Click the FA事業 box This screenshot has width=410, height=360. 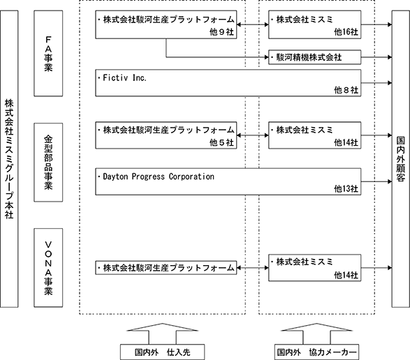click(x=48, y=53)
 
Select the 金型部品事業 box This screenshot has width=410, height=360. click(x=48, y=163)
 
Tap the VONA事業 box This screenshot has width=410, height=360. click(x=48, y=268)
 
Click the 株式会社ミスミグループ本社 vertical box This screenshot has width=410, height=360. click(x=9, y=159)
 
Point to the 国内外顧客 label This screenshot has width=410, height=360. click(x=401, y=159)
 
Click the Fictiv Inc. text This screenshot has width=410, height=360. click(x=124, y=78)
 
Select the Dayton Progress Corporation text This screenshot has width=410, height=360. click(x=159, y=177)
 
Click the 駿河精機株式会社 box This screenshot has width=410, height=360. click(x=315, y=57)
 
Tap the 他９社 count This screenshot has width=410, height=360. click(x=221, y=32)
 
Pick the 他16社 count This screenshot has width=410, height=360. click(x=346, y=32)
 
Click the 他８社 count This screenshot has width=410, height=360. click(x=346, y=90)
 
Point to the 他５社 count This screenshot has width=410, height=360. click(x=221, y=142)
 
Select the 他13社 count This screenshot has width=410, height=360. click(x=346, y=188)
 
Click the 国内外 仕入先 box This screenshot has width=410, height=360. click(x=162, y=352)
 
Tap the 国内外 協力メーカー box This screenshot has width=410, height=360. click(x=316, y=352)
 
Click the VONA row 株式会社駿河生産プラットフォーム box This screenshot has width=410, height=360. click(x=166, y=268)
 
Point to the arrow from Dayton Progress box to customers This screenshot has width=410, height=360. click(x=376, y=181)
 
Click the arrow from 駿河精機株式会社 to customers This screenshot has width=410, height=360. click(x=376, y=57)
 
